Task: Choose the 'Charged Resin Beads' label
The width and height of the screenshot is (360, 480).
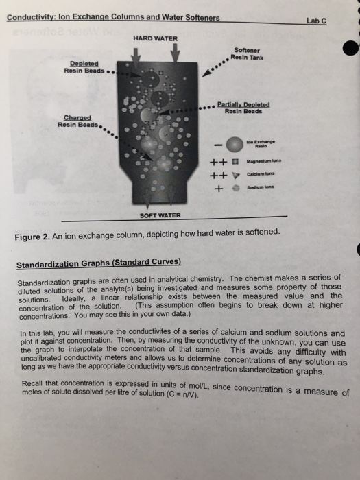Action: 77,121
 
